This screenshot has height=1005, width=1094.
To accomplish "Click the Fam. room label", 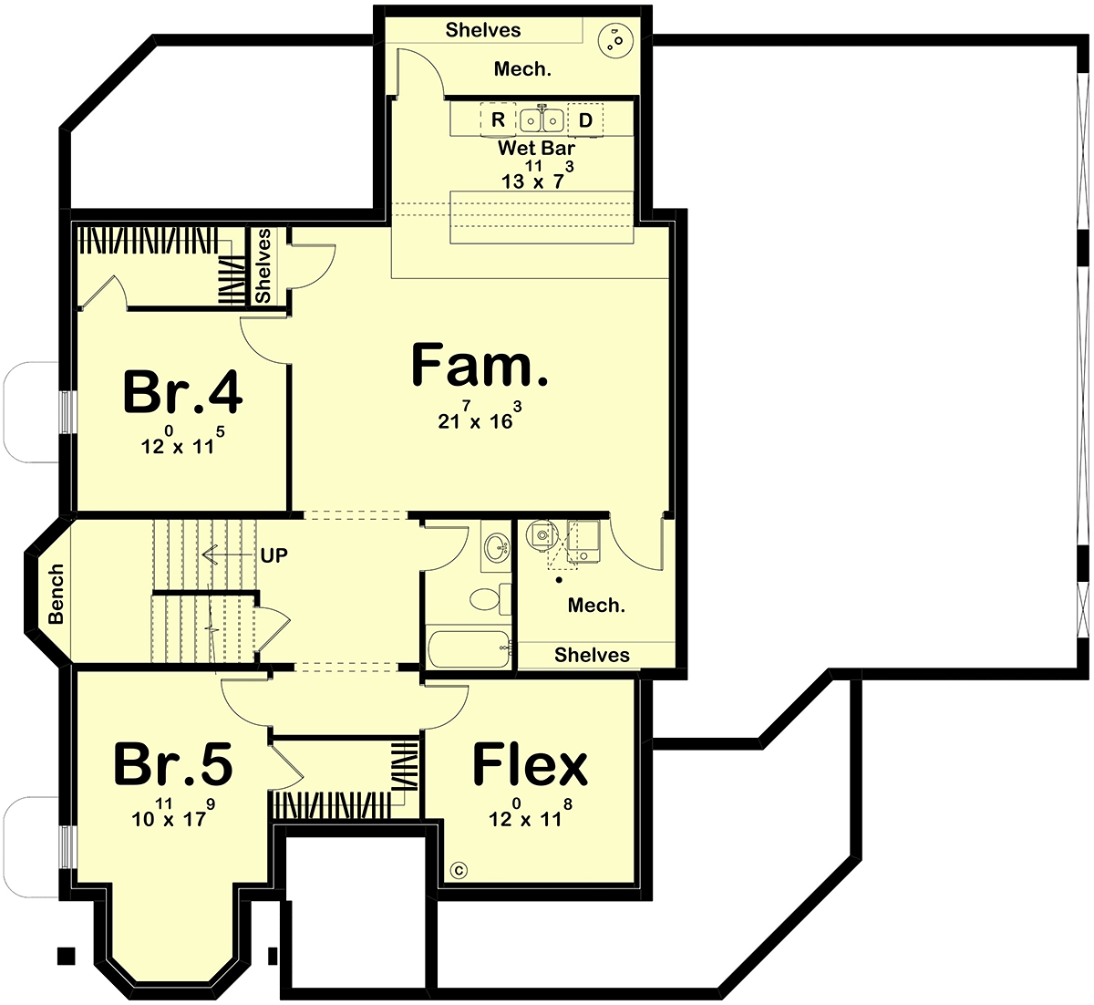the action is click(x=480, y=365).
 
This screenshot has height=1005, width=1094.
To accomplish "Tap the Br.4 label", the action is click(x=182, y=392).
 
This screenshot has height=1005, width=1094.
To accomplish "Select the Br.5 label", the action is click(x=173, y=764).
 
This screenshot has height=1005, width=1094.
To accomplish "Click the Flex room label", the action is click(x=530, y=764).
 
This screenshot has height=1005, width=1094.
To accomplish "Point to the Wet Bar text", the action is click(x=536, y=148).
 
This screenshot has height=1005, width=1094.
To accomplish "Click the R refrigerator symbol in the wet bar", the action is click(x=498, y=119).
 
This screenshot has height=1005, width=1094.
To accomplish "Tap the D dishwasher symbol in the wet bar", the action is click(x=585, y=120).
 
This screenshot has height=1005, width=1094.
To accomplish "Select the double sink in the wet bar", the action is click(x=542, y=120).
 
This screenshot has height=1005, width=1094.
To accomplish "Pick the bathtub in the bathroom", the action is click(x=469, y=648).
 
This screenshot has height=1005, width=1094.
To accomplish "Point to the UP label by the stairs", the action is click(x=273, y=555).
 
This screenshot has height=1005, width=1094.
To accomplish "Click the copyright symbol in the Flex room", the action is click(x=459, y=870).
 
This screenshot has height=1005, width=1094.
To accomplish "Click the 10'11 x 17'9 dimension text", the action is click(x=173, y=813).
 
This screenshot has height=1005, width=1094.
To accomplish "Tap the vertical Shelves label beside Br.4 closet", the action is click(x=263, y=265).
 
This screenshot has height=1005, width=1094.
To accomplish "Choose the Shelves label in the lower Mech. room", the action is click(x=592, y=655).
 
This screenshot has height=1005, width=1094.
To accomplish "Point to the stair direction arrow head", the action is click(x=208, y=554).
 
